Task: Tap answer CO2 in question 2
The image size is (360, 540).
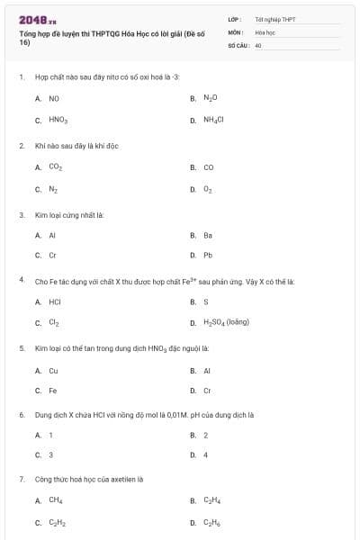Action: [55, 167]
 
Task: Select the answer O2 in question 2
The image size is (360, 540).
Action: [208, 190]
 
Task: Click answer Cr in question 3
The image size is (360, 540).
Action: [52, 255]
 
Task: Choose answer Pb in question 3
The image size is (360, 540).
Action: [208, 255]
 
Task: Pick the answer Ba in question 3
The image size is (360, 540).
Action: [208, 235]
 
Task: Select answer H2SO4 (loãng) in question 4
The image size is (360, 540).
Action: [226, 322]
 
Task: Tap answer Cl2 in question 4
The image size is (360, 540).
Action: [54, 322]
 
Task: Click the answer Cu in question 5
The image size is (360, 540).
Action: [53, 370]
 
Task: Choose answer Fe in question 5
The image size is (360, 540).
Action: [52, 391]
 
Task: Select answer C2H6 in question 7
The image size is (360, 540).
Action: [211, 523]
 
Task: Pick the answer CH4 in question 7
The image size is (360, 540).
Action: [55, 500]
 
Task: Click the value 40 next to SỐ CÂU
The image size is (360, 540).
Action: [258, 44]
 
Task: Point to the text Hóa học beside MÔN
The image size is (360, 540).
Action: [265, 31]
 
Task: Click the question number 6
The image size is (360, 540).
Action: [21, 415]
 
